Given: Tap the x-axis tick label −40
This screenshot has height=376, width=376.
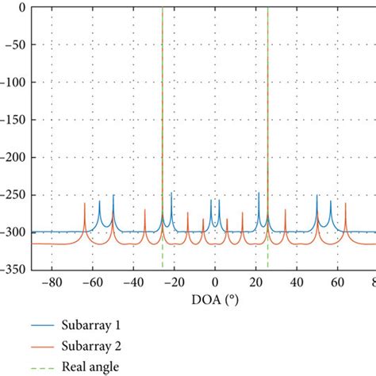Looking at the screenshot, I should tap(132, 283).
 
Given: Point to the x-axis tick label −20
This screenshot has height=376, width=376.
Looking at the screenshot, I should tap(174, 283).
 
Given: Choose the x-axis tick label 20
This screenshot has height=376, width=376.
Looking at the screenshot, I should tap(255, 283).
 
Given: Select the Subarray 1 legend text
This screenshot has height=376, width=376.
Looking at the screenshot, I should tap(95, 326).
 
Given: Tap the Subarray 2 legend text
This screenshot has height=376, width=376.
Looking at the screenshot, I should tap(95, 346).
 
